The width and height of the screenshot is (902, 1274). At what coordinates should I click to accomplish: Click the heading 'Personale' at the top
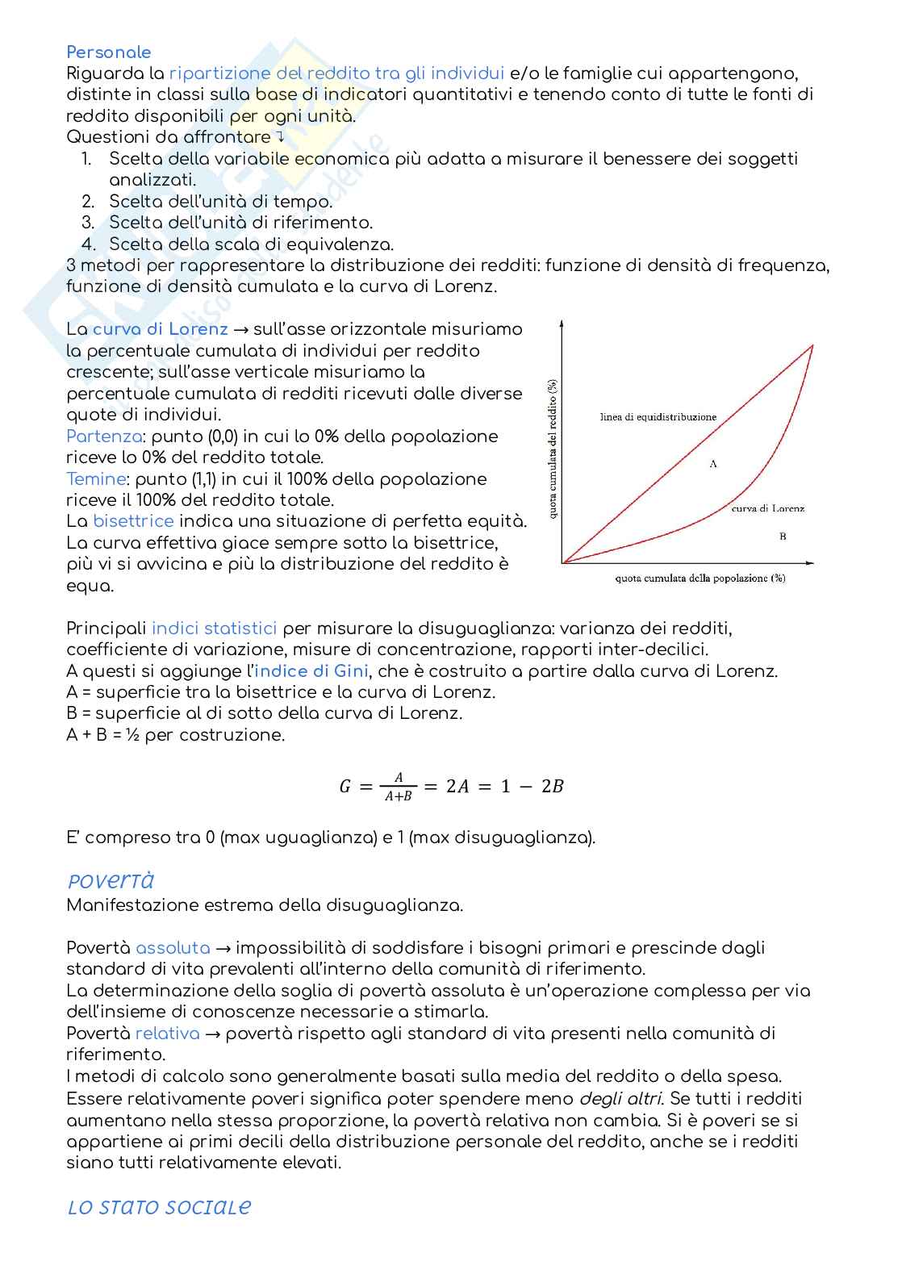tap(108, 52)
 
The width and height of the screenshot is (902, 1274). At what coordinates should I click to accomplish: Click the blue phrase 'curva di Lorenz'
tap(160, 329)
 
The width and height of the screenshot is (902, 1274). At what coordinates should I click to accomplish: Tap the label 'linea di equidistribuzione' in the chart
tap(658, 417)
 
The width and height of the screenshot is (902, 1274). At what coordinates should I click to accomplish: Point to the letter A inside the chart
tap(713, 464)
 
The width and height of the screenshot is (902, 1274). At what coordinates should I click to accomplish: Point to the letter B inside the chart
tap(783, 537)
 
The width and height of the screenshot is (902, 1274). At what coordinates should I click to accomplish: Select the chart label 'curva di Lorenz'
tap(767, 508)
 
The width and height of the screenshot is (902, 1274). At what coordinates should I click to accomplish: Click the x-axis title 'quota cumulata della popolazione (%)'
tap(699, 579)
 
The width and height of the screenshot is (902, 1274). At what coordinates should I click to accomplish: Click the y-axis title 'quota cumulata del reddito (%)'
tap(553, 449)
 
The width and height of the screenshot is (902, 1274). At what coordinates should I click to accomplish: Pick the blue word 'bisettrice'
tap(133, 522)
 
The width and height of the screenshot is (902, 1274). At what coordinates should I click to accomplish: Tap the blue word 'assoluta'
tap(173, 948)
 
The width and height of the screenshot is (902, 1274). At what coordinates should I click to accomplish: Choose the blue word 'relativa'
tap(167, 1034)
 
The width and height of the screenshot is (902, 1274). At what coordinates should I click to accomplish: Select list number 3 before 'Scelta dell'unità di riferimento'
tap(88, 223)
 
